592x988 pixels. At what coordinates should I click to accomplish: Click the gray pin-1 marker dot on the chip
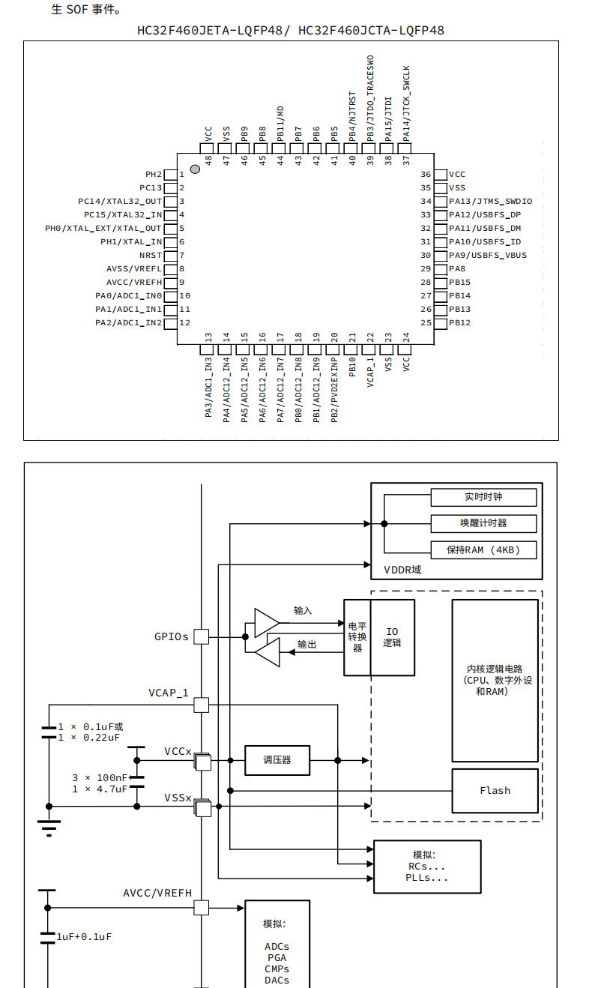pos(195,169)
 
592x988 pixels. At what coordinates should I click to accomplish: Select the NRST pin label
pos(151,256)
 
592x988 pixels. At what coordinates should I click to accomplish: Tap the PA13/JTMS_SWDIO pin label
pos(490,201)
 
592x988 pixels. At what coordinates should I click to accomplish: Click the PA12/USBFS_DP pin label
pos(485,215)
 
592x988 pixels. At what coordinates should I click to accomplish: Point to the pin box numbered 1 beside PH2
pos(171,175)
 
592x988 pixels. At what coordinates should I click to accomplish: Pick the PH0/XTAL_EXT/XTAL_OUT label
pos(103,229)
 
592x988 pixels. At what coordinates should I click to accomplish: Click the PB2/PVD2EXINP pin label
pos(334,390)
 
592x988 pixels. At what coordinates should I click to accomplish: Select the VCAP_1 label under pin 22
pos(370,373)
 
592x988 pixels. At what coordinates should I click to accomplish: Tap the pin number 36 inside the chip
pos(426,174)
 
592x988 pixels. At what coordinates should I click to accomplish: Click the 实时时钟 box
pos(483,497)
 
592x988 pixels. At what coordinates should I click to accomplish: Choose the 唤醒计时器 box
pos(483,523)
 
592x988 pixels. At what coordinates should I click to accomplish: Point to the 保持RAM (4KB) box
pos(483,550)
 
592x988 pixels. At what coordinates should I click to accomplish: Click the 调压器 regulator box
pos(277,760)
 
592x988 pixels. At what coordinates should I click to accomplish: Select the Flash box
pos(495,790)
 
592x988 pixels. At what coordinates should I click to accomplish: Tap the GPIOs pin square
pos(202,636)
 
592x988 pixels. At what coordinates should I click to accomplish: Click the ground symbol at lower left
pos(49,828)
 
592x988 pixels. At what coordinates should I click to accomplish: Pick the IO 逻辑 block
pos(393,637)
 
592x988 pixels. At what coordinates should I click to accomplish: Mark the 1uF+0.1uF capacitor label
pos(84,936)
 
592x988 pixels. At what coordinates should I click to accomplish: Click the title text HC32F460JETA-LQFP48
pos(210,31)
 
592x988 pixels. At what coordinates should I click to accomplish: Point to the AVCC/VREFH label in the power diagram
pos(157,893)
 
